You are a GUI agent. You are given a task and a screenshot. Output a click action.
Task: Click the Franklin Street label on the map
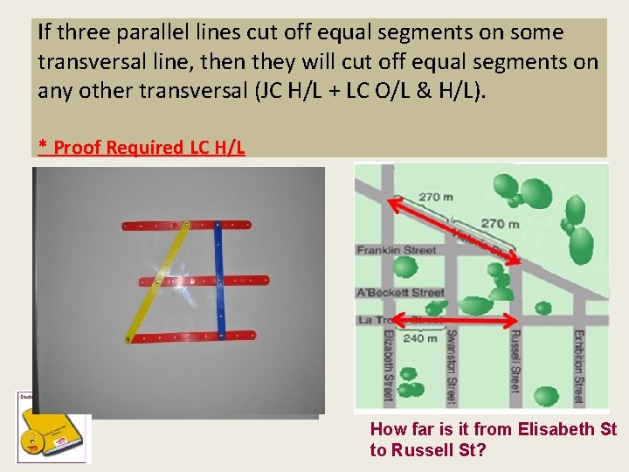[x=396, y=251]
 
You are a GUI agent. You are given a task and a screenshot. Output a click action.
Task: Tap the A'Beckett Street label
[x=400, y=292]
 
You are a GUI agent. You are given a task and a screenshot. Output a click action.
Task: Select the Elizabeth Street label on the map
[x=387, y=365]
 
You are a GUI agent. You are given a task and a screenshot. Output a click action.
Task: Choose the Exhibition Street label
[x=578, y=365]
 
